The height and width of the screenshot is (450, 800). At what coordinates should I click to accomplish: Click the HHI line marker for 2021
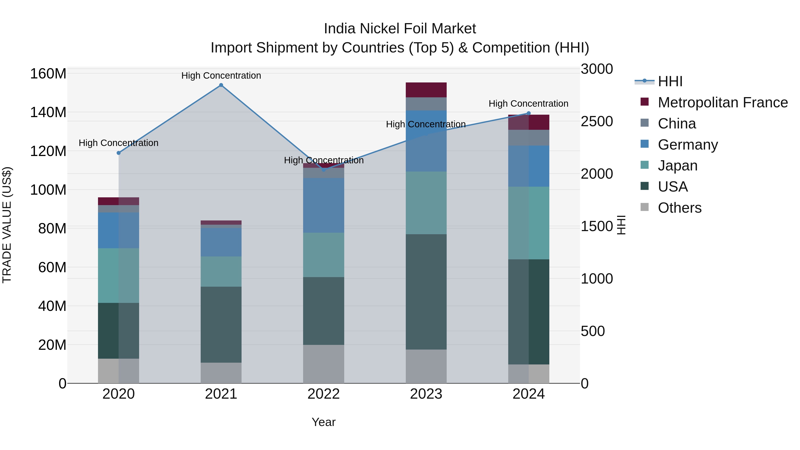click(221, 85)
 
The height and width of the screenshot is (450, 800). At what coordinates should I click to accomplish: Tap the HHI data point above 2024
click(529, 113)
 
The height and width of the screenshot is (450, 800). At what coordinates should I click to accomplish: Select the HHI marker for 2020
click(119, 153)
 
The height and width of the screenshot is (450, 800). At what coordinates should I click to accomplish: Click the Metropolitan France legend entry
click(722, 102)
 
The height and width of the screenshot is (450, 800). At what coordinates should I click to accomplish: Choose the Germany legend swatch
click(644, 144)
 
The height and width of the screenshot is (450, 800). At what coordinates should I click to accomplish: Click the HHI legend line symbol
click(644, 81)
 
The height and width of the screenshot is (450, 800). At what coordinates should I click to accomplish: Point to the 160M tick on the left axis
click(48, 74)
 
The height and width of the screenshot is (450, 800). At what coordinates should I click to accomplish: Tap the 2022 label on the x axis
click(324, 394)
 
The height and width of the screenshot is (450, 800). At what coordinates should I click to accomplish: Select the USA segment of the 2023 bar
click(426, 292)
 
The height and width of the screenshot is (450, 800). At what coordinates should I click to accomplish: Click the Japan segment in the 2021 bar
click(221, 271)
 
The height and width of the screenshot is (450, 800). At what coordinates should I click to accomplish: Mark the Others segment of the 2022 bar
click(324, 364)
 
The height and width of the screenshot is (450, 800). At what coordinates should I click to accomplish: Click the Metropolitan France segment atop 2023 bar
click(426, 90)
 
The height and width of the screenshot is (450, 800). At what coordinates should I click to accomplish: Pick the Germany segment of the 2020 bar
click(119, 230)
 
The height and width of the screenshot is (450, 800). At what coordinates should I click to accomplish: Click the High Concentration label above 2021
click(221, 76)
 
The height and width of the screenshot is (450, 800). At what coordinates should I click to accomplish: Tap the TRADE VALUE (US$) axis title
click(7, 225)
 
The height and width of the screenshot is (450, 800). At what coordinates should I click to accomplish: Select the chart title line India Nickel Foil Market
click(400, 29)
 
